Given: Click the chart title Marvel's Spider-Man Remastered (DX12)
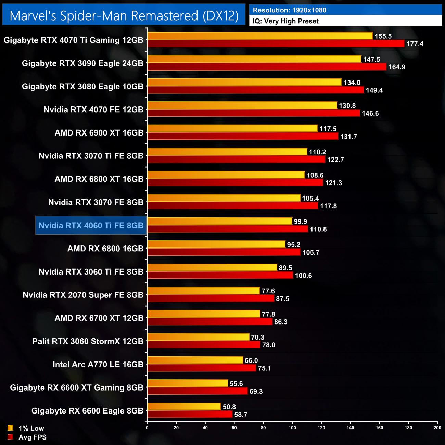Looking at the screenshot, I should tap(124, 15).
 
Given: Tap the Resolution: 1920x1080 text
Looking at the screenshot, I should tap(289, 10).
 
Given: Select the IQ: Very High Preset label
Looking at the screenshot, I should tap(285, 21).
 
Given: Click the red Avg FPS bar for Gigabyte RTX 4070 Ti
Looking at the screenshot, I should tap(276, 43).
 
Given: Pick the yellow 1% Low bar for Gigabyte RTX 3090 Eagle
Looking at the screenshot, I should tap(254, 59).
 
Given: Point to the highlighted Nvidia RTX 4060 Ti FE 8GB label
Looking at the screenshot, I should tap(91, 226).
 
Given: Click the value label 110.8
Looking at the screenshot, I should tap(318, 229).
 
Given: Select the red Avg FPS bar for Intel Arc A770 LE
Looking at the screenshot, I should tap(202, 368).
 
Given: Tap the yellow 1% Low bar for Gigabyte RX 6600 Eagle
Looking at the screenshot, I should tap(184, 407).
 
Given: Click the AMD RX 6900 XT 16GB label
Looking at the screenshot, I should tap(99, 133).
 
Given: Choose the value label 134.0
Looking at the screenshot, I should tap(352, 82).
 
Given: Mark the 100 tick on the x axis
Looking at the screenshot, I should tap(292, 428).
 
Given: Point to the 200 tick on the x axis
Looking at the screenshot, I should tap(437, 428).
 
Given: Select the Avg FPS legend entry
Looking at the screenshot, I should tap(27, 437).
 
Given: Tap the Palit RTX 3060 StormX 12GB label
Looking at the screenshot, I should tap(88, 341).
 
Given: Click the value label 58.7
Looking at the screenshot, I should tap(241, 415).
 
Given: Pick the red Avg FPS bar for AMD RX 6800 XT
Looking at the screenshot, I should tap(235, 182).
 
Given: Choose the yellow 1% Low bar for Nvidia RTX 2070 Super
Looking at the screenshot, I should tap(204, 291).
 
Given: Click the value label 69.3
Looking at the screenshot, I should tap(256, 391).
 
